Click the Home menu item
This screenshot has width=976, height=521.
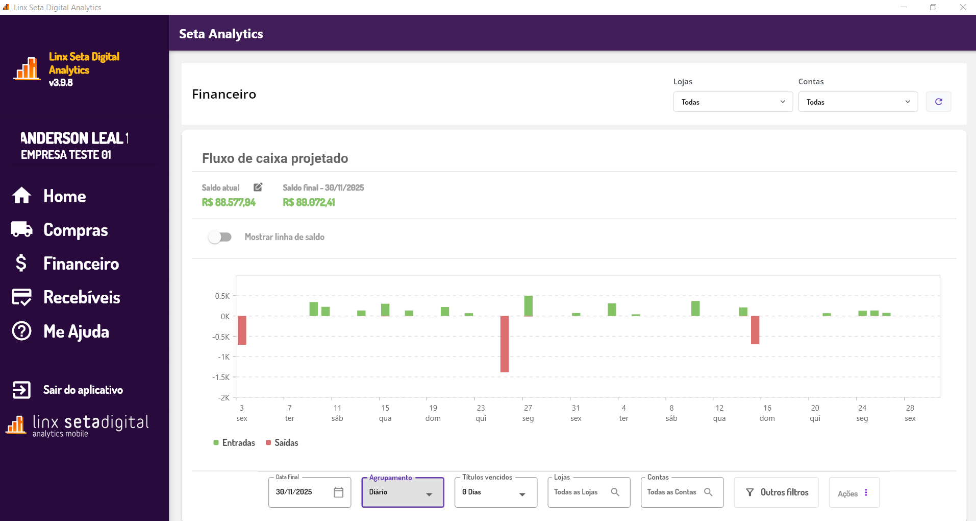[64, 196]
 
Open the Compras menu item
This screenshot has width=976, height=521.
[75, 230]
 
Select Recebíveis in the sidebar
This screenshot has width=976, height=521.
[82, 297]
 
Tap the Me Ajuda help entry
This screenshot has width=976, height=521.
[76, 331]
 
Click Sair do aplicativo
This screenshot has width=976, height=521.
[82, 390]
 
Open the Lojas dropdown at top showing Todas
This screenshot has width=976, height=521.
[733, 102]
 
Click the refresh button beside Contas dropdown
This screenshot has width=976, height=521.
[938, 102]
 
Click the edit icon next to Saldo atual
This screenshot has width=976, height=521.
[258, 187]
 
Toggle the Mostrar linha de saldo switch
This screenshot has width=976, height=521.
[220, 237]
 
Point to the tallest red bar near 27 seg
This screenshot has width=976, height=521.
[505, 344]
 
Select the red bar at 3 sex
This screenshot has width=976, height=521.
[242, 330]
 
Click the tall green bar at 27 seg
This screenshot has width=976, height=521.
[528, 305]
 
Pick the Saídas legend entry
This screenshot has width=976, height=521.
[282, 443]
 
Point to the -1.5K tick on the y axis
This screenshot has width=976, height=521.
[221, 377]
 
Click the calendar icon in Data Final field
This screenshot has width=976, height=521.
[338, 492]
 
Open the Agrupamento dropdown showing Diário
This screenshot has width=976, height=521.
[403, 492]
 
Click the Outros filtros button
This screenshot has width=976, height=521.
[776, 492]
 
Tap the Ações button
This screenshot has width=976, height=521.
[854, 493]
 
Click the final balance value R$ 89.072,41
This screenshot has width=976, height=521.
[309, 202]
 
